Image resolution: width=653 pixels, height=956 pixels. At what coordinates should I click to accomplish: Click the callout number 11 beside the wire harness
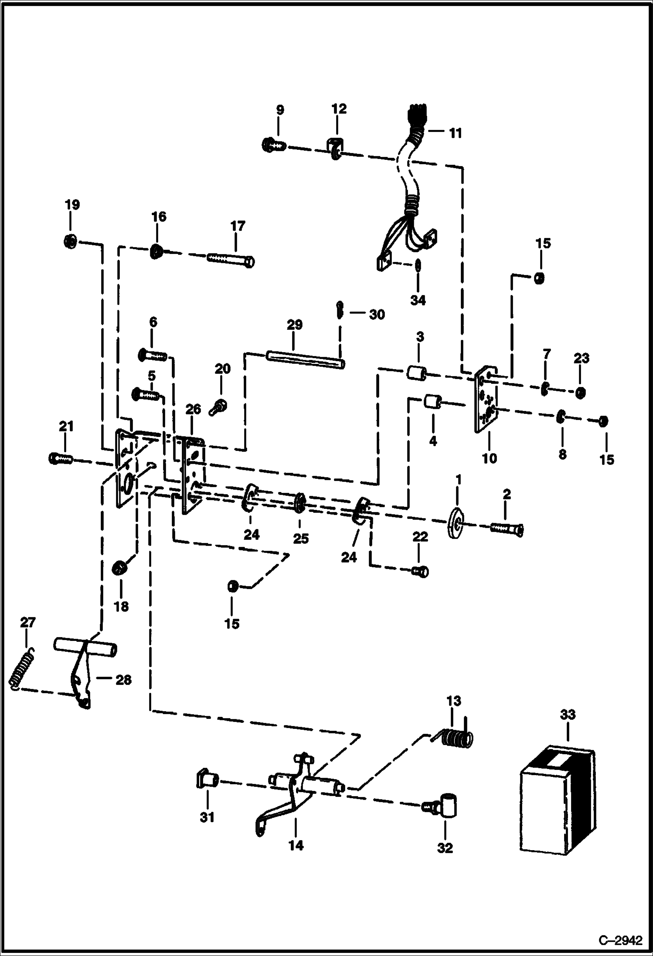point(455,133)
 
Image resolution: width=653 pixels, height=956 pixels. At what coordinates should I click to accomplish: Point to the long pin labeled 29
point(305,360)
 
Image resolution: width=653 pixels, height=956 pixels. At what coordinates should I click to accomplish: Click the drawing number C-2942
point(620,939)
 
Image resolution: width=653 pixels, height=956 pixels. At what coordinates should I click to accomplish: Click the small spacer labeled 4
point(433,400)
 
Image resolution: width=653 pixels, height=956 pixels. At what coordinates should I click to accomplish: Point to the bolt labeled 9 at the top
point(273,145)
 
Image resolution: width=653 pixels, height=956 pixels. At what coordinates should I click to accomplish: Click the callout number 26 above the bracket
point(193,409)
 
